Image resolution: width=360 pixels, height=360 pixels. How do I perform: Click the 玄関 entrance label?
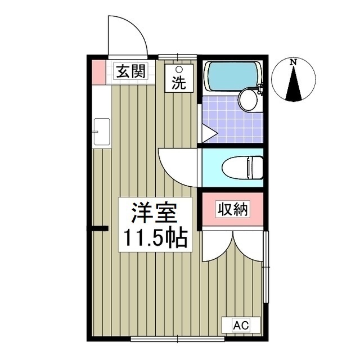130,71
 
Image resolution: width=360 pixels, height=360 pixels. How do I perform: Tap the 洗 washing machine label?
178,83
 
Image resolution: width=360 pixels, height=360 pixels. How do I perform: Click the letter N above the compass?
293,62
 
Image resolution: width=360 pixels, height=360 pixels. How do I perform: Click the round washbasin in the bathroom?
248,101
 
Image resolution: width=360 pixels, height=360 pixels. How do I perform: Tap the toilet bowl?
241,167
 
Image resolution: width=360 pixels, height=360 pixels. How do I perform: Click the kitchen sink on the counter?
101,132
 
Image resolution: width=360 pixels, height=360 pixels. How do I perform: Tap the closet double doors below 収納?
233,247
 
